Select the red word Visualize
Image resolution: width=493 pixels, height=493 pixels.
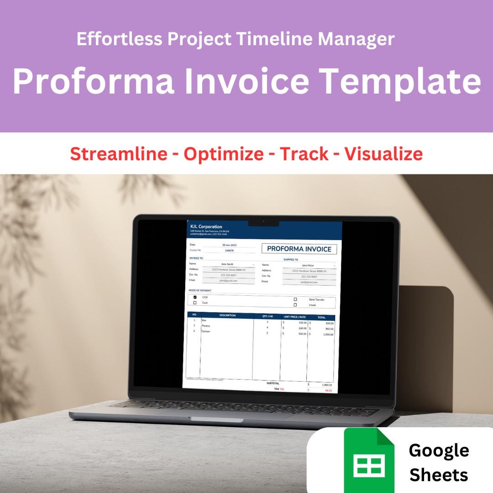tap(383, 154)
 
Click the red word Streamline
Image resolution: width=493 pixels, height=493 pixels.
tap(119, 154)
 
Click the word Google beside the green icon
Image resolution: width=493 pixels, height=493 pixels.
tap(439, 450)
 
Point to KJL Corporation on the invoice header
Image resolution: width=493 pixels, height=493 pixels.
tap(206, 227)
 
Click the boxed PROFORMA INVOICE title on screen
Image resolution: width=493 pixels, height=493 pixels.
tap(299, 249)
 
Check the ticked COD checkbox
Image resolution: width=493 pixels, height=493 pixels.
tap(195, 297)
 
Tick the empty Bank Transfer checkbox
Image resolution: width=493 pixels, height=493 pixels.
tap(295, 299)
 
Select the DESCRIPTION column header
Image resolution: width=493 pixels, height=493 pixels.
tap(227, 315)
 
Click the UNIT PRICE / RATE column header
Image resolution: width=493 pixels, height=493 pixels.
tap(294, 317)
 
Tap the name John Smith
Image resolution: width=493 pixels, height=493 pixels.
tap(227, 264)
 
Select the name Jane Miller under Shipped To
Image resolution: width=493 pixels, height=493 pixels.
tap(308, 265)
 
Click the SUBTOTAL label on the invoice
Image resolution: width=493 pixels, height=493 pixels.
tap(273, 383)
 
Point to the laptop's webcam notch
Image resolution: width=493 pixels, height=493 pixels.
tap(263, 222)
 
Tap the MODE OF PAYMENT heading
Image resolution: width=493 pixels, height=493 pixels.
tap(200, 290)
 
